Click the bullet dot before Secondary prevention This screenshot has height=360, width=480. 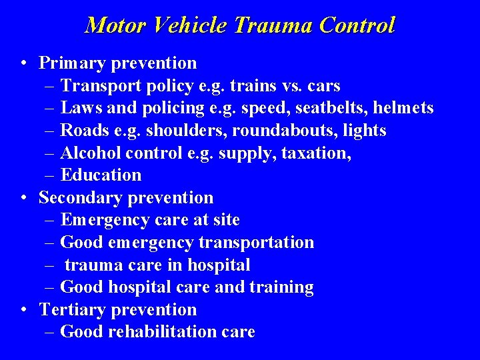click(x=23, y=198)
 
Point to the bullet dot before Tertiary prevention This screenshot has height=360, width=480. click(x=23, y=310)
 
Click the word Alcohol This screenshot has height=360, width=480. click(x=87, y=153)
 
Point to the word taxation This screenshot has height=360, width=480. click(x=317, y=153)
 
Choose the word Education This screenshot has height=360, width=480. click(x=101, y=175)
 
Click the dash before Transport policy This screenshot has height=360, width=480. click(x=51, y=86)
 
